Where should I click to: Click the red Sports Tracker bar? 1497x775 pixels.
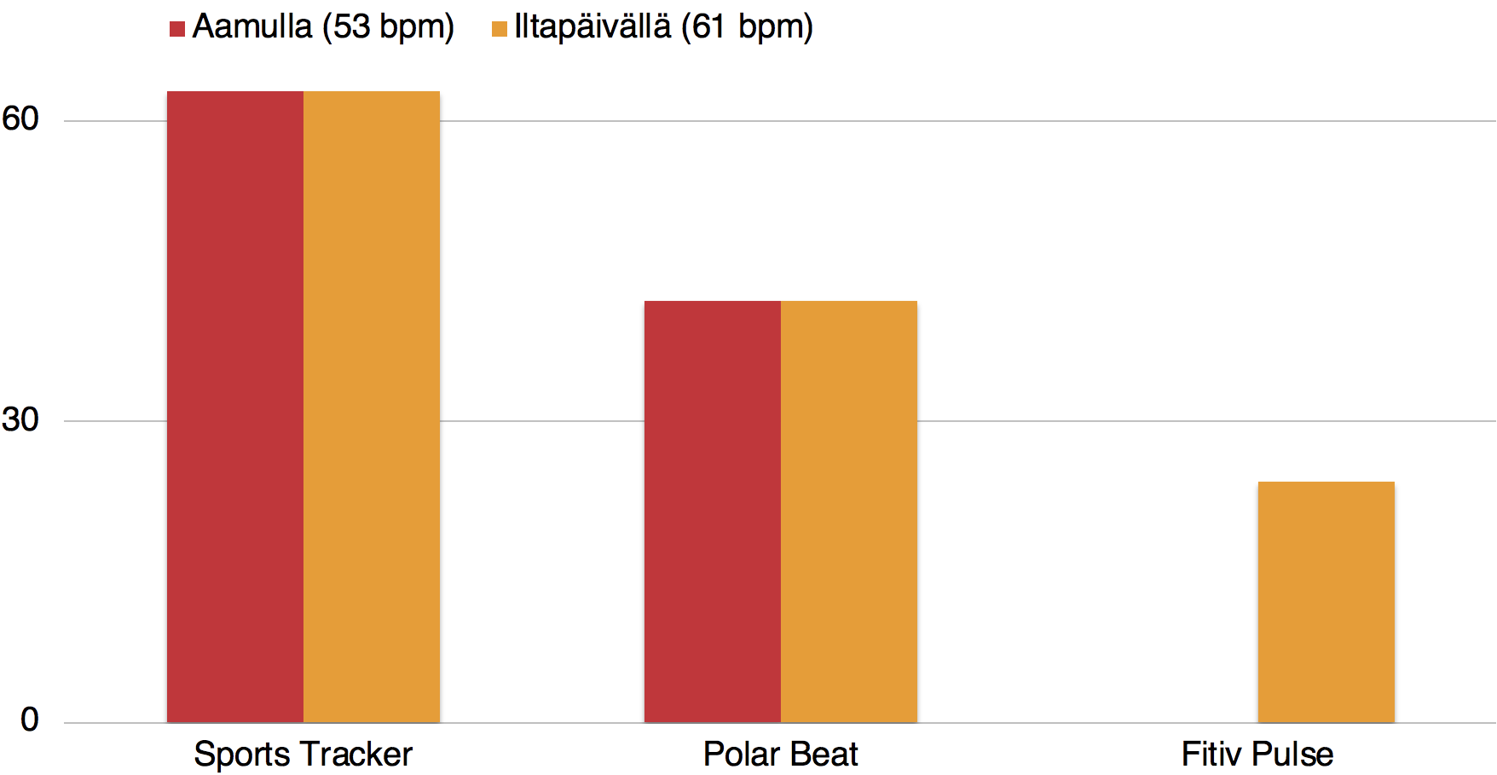235,407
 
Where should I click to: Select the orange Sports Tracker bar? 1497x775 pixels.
372,407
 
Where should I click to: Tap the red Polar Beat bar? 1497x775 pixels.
713,512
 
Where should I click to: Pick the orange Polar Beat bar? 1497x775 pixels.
849,512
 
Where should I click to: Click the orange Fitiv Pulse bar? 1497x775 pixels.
1326,602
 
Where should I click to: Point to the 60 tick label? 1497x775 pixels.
20,119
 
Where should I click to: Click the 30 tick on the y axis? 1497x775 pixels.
20,419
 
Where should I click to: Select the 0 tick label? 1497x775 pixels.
30,720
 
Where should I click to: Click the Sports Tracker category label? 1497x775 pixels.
303,755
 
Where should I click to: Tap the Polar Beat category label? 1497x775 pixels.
780,755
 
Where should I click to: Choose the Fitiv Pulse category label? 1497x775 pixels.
1257,755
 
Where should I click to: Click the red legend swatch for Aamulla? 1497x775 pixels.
177,30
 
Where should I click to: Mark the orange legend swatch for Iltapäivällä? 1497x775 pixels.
500,30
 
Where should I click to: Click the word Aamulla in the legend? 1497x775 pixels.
252,27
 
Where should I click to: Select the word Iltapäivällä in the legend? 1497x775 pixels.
592,27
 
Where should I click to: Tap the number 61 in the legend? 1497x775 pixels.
708,27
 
